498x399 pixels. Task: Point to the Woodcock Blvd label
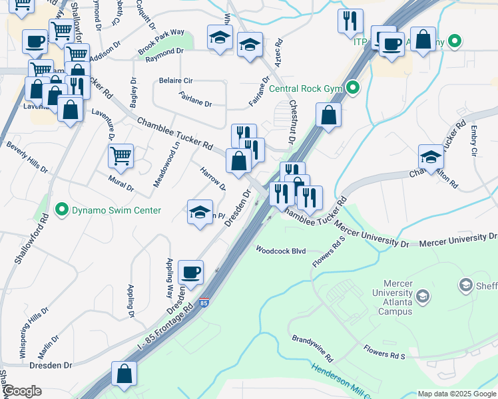coord(280,251)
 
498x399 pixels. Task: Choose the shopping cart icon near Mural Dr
coord(121,156)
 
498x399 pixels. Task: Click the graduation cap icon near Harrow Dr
coord(200,212)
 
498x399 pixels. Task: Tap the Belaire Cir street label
coord(176,80)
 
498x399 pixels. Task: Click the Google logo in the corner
coord(21,391)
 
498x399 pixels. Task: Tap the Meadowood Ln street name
coord(158,164)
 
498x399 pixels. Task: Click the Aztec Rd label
coord(278,51)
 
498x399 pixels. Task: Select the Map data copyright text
coord(456,394)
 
